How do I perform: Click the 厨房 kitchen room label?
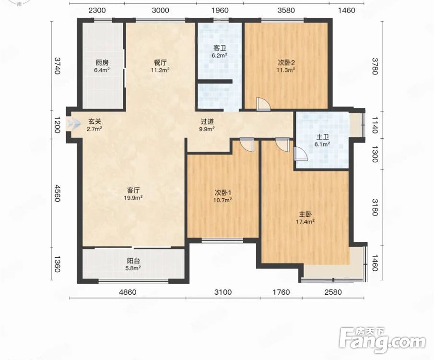102,62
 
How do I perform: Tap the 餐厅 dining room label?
160,62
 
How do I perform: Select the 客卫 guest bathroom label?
220,48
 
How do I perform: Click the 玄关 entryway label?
94,121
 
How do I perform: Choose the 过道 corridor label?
207,121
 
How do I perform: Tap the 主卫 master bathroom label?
322,137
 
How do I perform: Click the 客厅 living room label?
133,191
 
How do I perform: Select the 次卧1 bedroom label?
223,192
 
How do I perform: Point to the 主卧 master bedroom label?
305,214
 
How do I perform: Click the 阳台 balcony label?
133,261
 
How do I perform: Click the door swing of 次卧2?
263,105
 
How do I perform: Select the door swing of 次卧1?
246,144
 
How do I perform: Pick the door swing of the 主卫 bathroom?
300,154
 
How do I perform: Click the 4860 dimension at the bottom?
127,292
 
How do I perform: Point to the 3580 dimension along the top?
286,10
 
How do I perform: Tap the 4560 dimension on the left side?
57,193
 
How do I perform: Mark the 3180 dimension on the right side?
375,207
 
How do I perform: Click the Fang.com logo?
382,340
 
